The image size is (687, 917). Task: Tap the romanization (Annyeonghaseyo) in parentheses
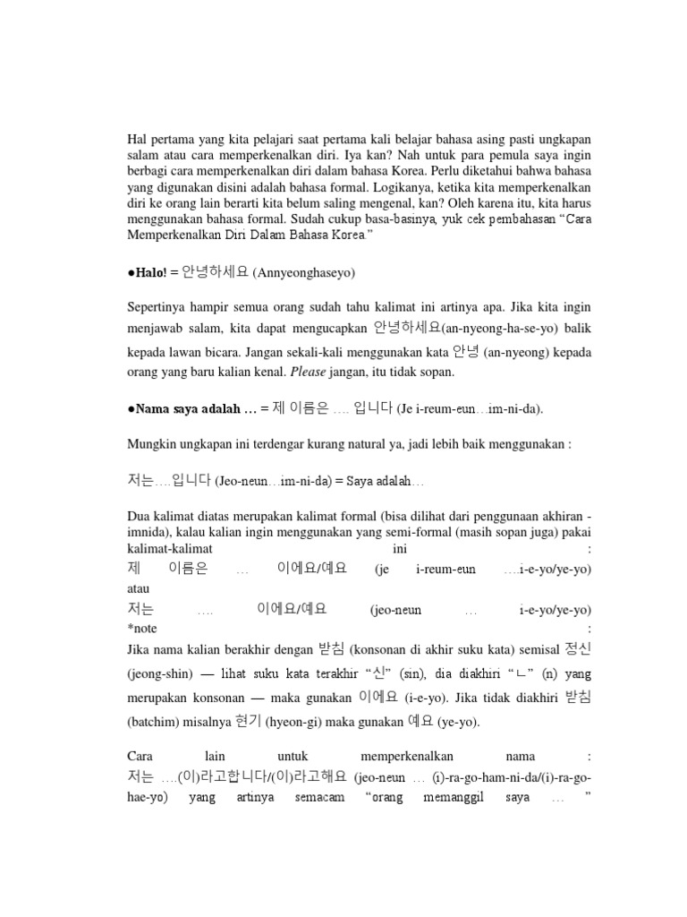click(296, 271)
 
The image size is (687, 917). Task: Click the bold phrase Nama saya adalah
click(186, 409)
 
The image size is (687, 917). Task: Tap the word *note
click(141, 629)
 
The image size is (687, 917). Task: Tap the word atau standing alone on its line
click(139, 589)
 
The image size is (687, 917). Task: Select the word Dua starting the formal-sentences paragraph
click(139, 516)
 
